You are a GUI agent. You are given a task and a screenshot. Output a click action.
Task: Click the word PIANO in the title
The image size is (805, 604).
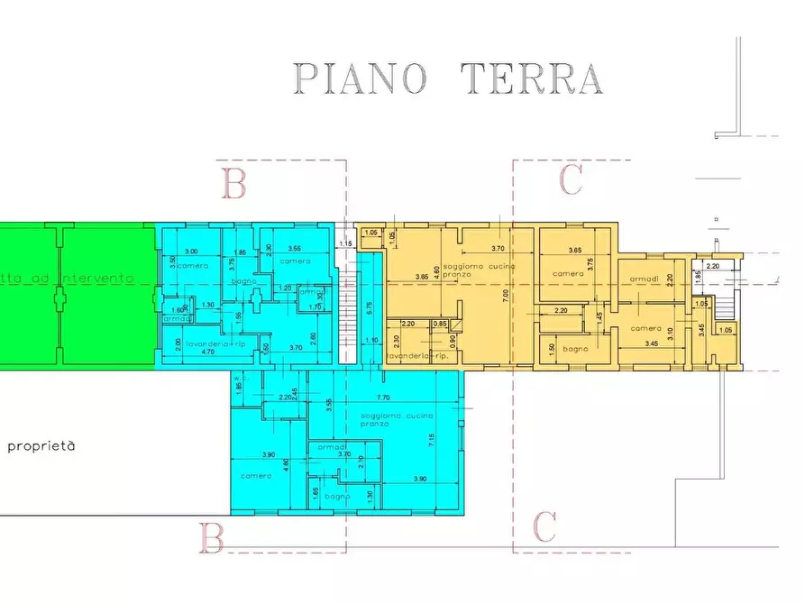pos(361,78)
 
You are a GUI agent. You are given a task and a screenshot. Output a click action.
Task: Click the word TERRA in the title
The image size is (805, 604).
pos(531,78)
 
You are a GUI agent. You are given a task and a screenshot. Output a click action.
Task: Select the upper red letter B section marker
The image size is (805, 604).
pos(233,184)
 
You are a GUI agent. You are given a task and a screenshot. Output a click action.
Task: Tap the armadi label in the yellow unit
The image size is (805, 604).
pos(644,278)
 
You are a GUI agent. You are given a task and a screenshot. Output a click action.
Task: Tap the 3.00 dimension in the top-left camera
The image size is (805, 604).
pos(191,251)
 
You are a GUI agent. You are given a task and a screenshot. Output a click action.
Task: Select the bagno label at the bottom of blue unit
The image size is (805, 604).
pos(337,497)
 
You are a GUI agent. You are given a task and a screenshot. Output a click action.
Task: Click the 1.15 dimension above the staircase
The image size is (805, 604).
pos(344,243)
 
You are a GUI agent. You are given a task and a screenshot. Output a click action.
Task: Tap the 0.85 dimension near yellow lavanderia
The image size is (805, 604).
pos(440,323)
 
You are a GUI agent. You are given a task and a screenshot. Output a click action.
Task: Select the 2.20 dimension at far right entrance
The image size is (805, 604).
pos(713,266)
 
